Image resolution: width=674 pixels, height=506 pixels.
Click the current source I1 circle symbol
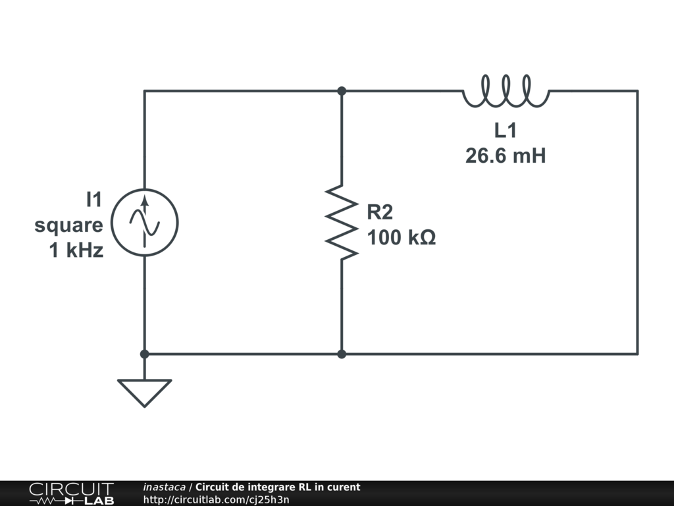coord(144,222)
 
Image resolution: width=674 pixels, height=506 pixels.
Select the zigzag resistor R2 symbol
coord(342,222)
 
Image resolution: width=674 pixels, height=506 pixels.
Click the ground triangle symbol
coord(144,392)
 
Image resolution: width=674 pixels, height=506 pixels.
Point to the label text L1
coord(505,131)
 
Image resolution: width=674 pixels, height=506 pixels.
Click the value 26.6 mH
coord(505,156)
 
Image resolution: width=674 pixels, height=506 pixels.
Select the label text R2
coord(380,212)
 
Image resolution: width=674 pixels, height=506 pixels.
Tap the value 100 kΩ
coord(401,237)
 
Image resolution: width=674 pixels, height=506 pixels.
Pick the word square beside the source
coord(68,225)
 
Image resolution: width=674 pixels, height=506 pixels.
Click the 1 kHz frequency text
coord(76,250)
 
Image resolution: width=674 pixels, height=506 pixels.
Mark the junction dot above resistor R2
coord(342,91)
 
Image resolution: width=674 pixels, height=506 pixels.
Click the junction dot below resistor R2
coord(342,354)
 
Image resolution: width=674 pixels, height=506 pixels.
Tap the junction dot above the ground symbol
coord(144,354)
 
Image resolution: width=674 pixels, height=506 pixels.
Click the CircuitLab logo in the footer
coord(70,493)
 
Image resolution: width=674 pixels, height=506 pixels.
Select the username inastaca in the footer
coord(164,488)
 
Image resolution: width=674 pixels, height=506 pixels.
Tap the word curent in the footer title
coord(344,488)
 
